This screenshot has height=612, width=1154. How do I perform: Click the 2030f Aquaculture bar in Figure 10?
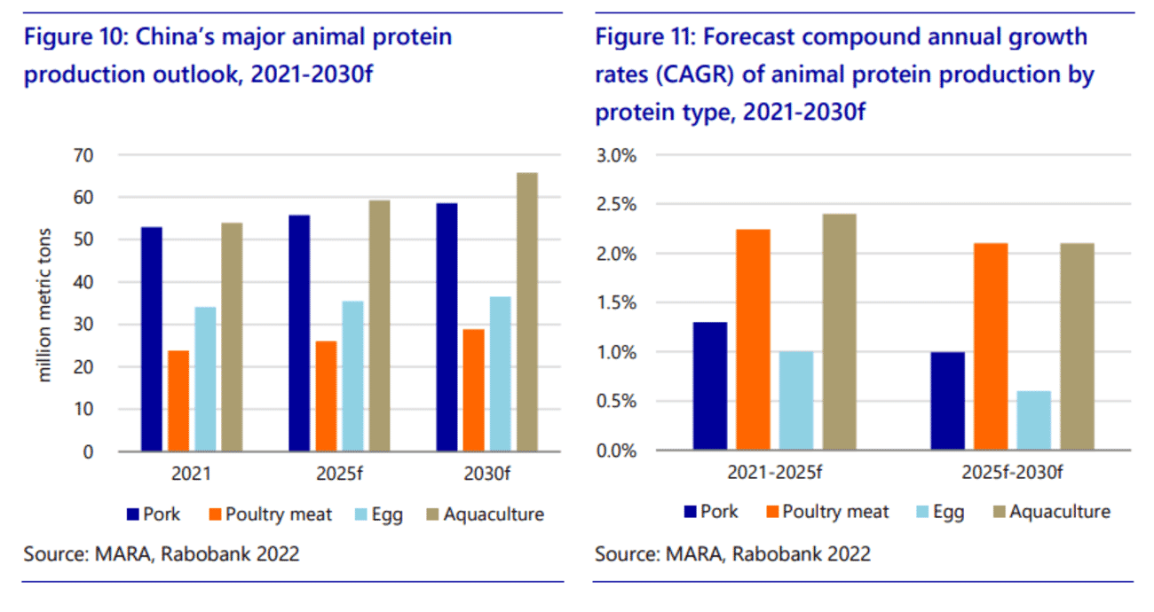pyautogui.click(x=527, y=312)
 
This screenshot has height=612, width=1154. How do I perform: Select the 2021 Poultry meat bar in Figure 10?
pyautogui.click(x=178, y=401)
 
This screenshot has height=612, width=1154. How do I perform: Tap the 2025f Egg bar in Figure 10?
pyautogui.click(x=352, y=376)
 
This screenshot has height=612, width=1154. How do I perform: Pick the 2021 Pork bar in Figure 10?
pyautogui.click(x=152, y=340)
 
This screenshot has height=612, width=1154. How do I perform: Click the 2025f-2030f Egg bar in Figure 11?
pyautogui.click(x=1034, y=420)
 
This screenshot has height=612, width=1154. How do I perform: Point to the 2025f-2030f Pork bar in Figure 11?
pyautogui.click(x=948, y=401)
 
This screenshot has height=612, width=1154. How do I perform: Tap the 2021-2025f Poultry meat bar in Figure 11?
pyautogui.click(x=753, y=340)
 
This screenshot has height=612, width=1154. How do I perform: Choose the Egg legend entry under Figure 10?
pyautogui.click(x=375, y=514)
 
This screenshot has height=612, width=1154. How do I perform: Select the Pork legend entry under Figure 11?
pyautogui.click(x=710, y=512)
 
